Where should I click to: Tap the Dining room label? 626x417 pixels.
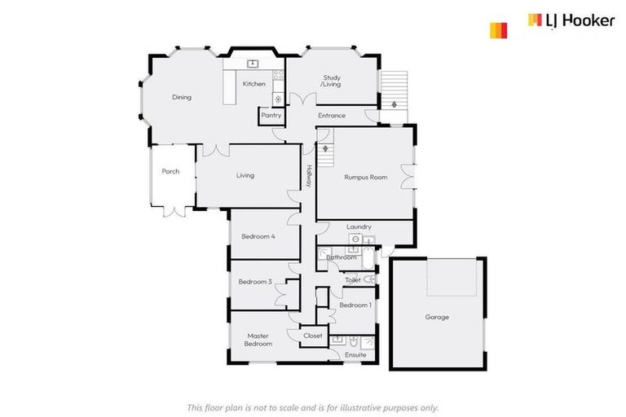coord(181,98)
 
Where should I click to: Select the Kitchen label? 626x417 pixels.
coord(253,84)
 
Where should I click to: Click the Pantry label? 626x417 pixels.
coord(271,116)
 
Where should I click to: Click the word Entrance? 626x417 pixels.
coord(332,116)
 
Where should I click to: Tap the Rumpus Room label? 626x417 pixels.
coord(365,177)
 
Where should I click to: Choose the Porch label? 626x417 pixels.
coord(170,171)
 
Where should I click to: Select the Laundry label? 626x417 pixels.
coord(359,226)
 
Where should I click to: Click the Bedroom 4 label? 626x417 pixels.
coord(258,236)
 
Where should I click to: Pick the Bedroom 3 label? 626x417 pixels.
coord(255,282)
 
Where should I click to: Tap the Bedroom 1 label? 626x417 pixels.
coord(355,305)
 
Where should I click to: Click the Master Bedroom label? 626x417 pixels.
coord(258,340)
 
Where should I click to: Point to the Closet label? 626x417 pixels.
coord(313,336)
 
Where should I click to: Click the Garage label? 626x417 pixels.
coord(437,317)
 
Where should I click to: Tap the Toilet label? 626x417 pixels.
coord(353,280)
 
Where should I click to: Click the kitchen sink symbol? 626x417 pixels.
coord(253,64)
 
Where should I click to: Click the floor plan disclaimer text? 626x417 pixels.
coord(313,407)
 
